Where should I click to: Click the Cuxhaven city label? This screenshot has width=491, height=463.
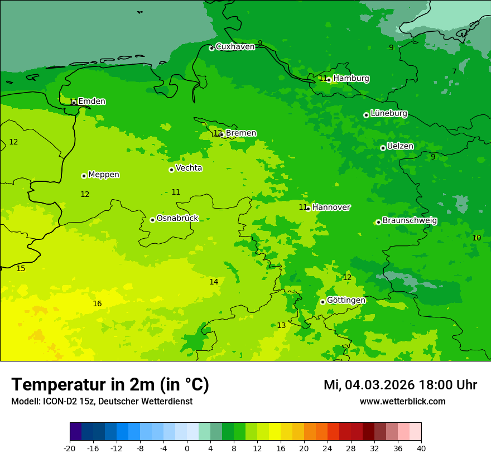point(235,47)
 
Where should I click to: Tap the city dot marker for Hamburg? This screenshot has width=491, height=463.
point(329,80)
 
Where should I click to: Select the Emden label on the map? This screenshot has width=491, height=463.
point(92,102)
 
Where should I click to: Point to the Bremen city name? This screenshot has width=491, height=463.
point(241,133)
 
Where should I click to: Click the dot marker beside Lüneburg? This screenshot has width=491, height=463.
point(366,115)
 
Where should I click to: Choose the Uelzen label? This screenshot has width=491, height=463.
point(400,147)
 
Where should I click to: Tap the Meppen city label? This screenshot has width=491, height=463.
point(104,175)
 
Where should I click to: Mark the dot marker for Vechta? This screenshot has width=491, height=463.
point(171,170)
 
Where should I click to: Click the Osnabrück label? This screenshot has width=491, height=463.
point(177,219)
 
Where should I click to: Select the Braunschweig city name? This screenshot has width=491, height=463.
point(410,221)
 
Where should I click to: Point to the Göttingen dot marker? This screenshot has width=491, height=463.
point(322,302)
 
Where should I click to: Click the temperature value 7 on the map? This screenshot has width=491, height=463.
point(454,71)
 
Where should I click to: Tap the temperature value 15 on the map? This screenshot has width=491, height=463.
point(21,269)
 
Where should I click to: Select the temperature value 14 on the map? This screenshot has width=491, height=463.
point(214,282)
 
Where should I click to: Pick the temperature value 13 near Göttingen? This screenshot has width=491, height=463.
point(281,326)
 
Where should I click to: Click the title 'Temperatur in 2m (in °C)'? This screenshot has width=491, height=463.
point(110,385)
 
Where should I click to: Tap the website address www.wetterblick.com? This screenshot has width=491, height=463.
point(402,402)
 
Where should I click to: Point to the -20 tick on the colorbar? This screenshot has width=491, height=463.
point(70,448)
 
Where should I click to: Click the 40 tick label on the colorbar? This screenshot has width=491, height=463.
point(421,448)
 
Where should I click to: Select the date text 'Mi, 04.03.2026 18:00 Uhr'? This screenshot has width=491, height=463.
point(400,385)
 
